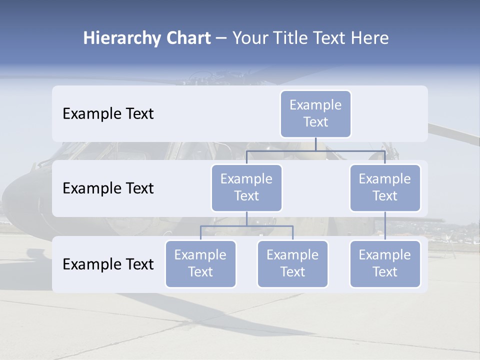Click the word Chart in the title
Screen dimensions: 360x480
pyautogui.click(x=187, y=38)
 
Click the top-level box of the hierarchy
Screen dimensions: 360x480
pyautogui.click(x=315, y=114)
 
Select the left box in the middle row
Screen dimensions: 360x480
pyautogui.click(x=246, y=188)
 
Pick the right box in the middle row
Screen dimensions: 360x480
pyautogui.click(x=385, y=188)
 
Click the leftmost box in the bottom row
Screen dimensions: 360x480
pyautogui.click(x=200, y=264)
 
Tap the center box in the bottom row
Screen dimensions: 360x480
pyautogui.click(x=292, y=264)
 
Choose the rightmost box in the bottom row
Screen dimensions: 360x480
pyautogui.click(x=385, y=264)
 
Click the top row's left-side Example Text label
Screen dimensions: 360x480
pyautogui.click(x=108, y=114)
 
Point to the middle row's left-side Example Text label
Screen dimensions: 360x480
pyautogui.click(x=108, y=188)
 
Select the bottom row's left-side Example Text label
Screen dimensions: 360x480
pyautogui.click(x=108, y=264)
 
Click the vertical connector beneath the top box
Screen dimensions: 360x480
pyautogui.click(x=315, y=144)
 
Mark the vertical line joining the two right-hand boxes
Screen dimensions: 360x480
pyautogui.click(x=385, y=226)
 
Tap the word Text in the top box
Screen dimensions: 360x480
pyautogui.click(x=315, y=122)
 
